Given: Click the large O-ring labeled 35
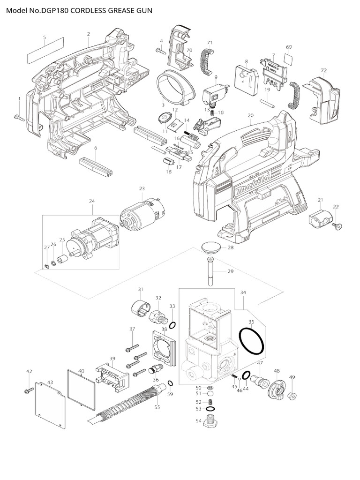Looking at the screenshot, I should (252, 341).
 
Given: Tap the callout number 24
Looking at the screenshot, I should (92, 201).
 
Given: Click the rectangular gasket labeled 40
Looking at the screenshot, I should (80, 387).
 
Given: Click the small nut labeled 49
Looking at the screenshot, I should (292, 394).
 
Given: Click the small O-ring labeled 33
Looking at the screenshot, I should (172, 325).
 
